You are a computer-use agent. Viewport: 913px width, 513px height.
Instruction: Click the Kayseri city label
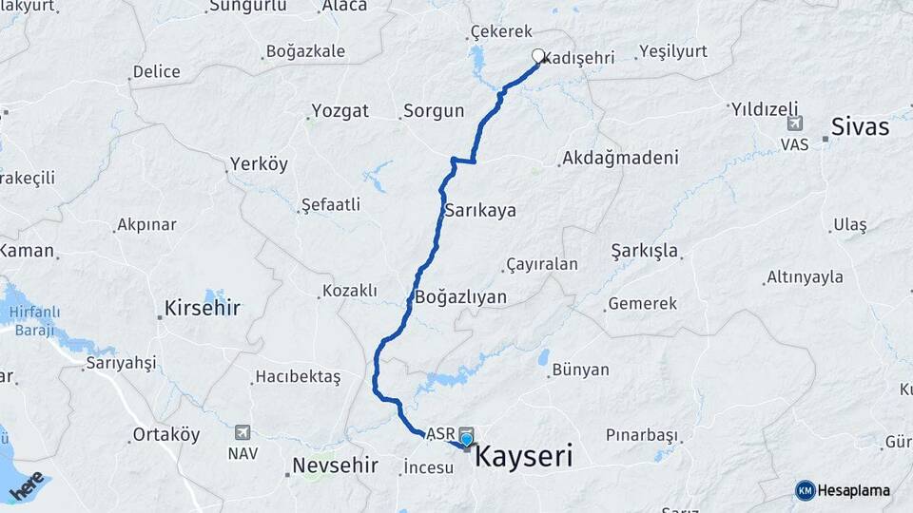click(523, 457)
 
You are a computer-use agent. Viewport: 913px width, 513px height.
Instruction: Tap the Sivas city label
click(860, 126)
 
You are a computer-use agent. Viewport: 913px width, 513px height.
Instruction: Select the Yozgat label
click(338, 111)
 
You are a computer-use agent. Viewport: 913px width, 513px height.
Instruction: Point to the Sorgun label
click(434, 111)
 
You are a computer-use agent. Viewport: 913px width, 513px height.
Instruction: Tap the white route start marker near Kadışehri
click(538, 56)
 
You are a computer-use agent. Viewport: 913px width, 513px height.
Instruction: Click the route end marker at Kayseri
click(466, 439)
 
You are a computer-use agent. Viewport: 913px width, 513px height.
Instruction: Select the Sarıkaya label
click(480, 210)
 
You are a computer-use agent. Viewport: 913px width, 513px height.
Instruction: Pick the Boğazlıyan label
click(460, 297)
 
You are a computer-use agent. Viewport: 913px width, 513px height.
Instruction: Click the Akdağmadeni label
click(621, 158)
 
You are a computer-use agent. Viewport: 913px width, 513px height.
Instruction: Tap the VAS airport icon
click(794, 123)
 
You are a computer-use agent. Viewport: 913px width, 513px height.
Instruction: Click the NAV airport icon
click(243, 432)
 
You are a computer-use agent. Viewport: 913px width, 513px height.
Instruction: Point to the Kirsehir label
click(203, 308)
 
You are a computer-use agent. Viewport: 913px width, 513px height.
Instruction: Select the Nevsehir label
click(336, 466)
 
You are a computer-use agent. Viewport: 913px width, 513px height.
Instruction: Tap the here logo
click(26, 484)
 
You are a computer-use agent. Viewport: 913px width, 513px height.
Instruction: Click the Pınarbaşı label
click(642, 435)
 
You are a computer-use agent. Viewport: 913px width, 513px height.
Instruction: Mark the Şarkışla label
click(644, 252)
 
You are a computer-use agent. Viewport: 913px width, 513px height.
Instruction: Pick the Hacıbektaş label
click(297, 377)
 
